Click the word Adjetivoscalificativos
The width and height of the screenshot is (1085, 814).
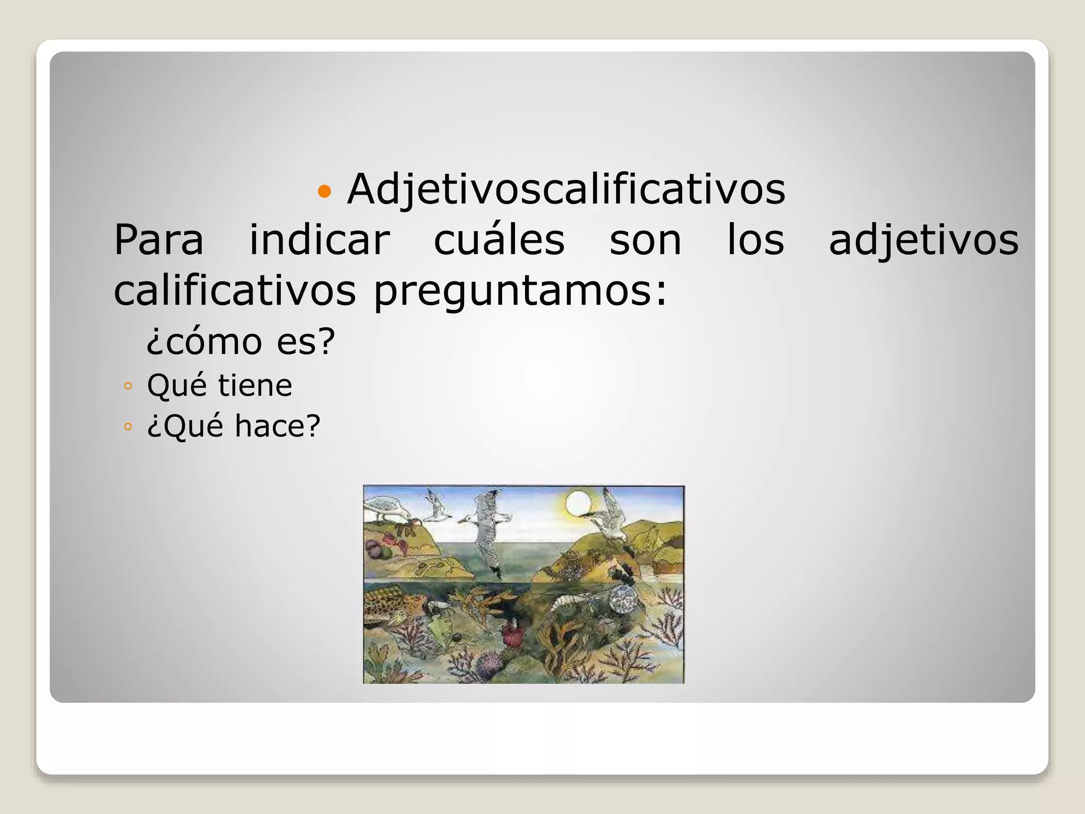[566, 189]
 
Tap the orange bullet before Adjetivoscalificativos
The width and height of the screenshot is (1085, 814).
[324, 191]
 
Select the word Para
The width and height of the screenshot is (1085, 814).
[159, 241]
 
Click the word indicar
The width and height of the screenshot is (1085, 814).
[320, 240]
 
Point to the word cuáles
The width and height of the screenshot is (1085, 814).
[499, 240]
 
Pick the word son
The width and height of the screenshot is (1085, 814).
[645, 241]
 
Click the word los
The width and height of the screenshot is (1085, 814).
[755, 240]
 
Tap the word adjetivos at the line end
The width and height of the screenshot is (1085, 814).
[923, 241]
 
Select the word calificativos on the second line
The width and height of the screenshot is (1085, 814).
[235, 291]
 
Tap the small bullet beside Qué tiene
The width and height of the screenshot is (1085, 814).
[127, 386]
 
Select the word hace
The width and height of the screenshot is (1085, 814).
[278, 426]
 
